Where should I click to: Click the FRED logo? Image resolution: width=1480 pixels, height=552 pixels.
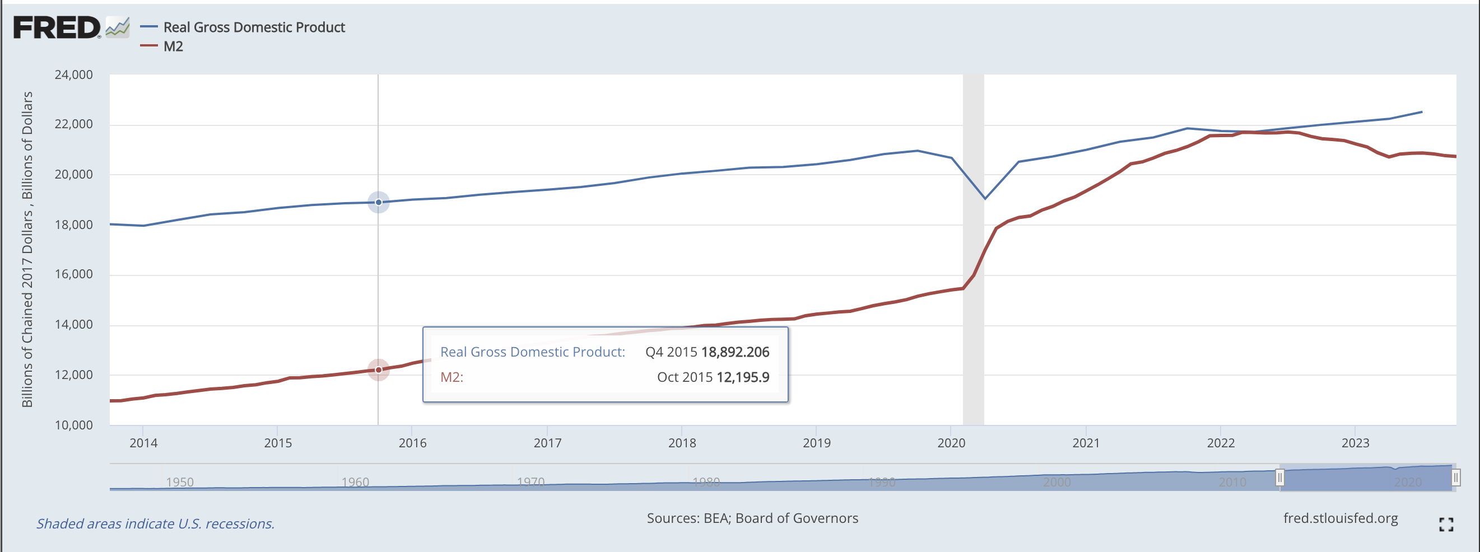pos(58,27)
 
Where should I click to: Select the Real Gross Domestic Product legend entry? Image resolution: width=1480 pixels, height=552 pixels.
pos(253,27)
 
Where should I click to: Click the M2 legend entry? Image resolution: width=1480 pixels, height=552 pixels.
pos(173,46)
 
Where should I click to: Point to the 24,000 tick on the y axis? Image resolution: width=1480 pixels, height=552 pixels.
pos(73,74)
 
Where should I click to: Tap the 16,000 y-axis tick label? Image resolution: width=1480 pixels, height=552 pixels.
pos(73,274)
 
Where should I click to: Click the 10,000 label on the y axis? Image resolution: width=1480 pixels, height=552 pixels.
pos(73,425)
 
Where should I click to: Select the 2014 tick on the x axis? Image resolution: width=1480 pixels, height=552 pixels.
pos(143,443)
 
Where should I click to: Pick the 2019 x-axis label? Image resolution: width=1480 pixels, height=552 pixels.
pos(816,443)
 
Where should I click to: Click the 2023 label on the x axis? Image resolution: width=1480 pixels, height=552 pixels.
pos(1355,443)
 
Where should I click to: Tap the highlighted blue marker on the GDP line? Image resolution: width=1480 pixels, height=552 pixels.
pos(379,202)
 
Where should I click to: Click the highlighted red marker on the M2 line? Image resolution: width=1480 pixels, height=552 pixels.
pos(379,370)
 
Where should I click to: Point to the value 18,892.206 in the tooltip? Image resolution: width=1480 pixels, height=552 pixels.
pos(735,352)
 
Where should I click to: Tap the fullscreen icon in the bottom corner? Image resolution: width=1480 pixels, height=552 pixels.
pos(1446,524)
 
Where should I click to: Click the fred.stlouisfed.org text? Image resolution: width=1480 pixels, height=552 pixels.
pos(1341,518)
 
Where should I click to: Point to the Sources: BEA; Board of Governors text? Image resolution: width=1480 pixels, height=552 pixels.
pos(752,518)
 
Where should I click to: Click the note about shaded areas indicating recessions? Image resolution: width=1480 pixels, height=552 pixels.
pos(156,524)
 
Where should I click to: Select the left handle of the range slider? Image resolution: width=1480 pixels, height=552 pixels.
pos(1279,478)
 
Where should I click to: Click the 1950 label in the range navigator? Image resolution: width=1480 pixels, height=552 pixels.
pos(180,482)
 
